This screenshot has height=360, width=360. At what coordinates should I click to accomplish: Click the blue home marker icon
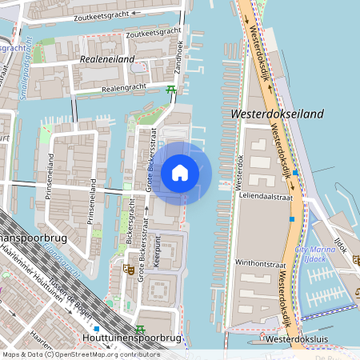[180, 173]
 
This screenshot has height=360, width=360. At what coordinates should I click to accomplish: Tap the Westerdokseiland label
[277, 114]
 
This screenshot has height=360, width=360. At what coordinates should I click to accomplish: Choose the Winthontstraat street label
[262, 262]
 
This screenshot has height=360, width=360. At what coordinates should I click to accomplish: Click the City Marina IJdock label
[313, 255]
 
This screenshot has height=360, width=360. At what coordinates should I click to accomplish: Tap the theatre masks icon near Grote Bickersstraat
[126, 270]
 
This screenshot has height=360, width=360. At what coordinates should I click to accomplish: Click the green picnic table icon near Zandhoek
[170, 90]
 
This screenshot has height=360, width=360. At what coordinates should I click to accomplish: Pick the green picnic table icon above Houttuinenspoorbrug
[141, 327]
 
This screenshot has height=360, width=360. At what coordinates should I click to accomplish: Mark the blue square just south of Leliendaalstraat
[291, 218]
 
